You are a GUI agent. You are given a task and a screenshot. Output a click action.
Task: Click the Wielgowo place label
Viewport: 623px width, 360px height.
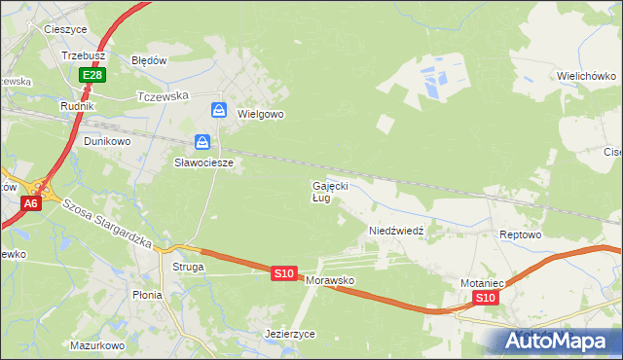point(260,114)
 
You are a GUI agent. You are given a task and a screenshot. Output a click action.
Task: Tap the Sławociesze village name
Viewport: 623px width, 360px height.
point(203,162)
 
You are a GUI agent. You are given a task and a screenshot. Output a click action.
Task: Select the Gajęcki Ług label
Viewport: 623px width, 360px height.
point(329,191)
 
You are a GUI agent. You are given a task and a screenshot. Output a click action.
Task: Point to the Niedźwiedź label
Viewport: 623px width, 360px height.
point(395,231)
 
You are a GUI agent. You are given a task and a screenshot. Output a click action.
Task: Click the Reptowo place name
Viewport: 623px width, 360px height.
point(519,235)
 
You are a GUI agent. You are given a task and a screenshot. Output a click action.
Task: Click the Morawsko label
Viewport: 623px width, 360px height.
point(330,280)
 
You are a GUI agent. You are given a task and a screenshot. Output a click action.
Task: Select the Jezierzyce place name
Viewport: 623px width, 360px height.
point(290,333)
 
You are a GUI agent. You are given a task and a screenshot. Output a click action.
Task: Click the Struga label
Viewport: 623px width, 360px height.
point(188,266)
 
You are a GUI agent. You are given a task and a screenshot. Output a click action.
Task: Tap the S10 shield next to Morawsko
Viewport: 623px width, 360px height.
point(283,274)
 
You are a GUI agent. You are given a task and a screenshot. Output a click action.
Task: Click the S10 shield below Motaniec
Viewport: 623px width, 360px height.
point(487,298)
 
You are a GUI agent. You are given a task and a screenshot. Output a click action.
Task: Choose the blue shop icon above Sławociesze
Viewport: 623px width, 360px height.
point(202,141)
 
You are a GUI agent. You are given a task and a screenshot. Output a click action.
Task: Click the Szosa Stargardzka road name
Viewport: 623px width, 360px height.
point(107,223)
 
